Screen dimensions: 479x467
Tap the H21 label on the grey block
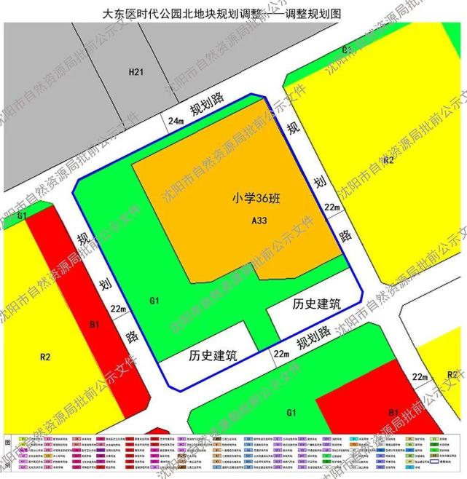click(x=136, y=71)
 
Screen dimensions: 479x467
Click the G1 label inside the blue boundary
click(x=154, y=300)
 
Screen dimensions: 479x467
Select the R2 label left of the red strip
click(x=44, y=357)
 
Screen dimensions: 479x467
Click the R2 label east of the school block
click(x=388, y=159)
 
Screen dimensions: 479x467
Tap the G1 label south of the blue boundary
click(x=291, y=413)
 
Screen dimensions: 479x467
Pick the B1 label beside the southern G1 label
click(x=393, y=411)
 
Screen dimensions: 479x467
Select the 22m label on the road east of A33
click(x=332, y=208)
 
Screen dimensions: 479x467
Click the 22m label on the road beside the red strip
click(x=119, y=309)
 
